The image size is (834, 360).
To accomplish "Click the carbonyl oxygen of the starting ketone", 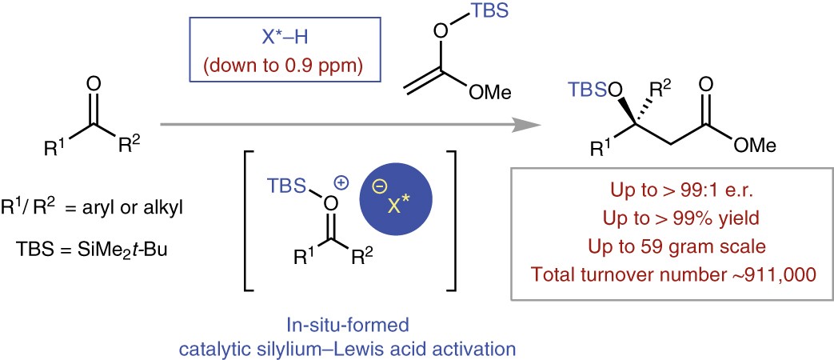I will click(94, 82).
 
